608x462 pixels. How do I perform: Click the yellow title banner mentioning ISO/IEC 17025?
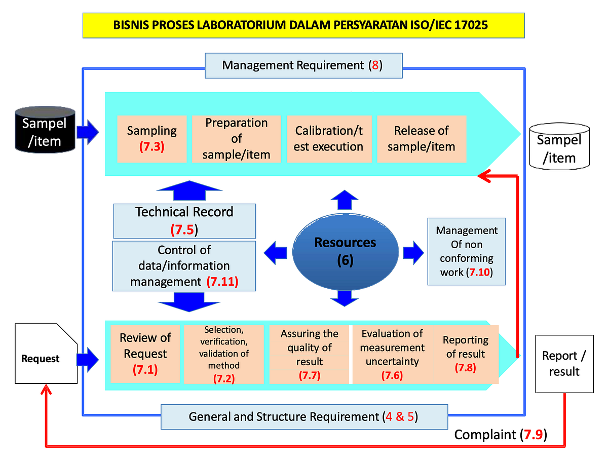(303, 25)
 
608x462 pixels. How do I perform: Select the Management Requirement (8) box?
(303, 65)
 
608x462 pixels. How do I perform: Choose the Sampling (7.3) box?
(152, 138)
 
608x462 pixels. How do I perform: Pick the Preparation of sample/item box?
(236, 138)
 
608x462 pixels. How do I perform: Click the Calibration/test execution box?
(329, 138)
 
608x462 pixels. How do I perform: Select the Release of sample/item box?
(421, 138)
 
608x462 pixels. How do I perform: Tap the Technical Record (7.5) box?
(184, 220)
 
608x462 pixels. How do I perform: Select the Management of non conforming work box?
(466, 251)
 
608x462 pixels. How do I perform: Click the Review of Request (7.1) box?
(145, 354)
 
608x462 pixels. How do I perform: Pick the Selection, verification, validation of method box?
(223, 354)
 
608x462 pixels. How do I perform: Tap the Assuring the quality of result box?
(309, 354)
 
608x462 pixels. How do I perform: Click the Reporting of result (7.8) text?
(465, 353)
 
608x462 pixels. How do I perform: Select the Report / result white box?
(563, 363)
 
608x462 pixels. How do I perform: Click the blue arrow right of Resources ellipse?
(413, 252)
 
